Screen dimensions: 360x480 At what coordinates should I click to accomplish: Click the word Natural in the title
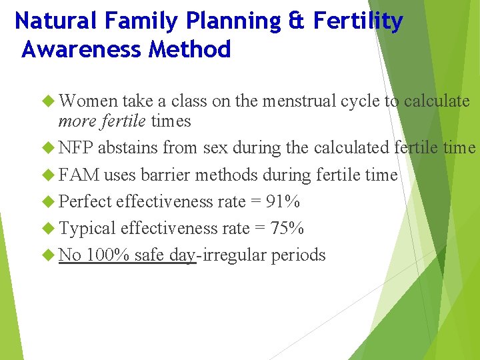coord(55,21)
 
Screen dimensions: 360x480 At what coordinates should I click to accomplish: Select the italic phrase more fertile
coord(102,121)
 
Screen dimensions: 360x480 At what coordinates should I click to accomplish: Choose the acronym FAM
coord(79,175)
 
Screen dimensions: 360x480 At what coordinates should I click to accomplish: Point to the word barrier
coord(163,175)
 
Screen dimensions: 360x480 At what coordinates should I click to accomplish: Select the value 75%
coord(287,228)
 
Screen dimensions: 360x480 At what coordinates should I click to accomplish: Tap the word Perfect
coord(85,201)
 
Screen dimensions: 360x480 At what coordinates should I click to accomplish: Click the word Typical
coord(87,228)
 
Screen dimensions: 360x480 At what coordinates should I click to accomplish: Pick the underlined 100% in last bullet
coord(107,255)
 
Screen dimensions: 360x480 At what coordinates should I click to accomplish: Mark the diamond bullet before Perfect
coord(49,201)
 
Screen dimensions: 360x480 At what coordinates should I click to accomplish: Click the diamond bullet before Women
coord(49,101)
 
